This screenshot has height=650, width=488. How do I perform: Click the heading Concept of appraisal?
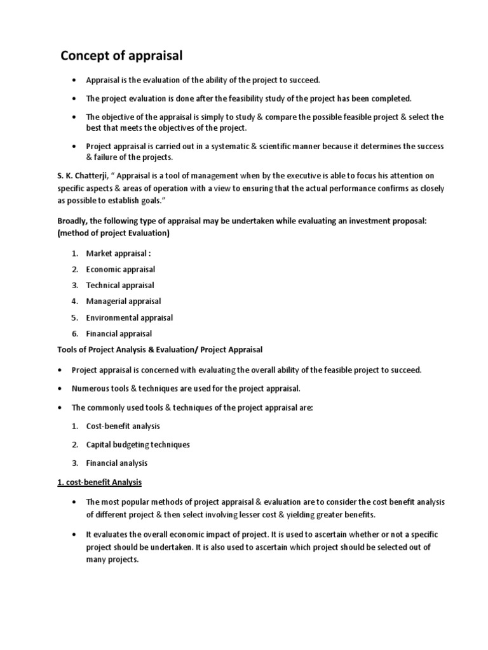tap(121, 56)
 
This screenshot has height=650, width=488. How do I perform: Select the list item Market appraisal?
tap(119, 253)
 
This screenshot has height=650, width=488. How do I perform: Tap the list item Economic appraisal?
tap(121, 269)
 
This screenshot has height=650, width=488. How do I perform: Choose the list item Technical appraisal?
tap(120, 285)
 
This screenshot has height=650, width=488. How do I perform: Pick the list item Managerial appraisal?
tap(123, 301)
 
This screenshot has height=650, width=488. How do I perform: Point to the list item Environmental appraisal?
tap(129, 317)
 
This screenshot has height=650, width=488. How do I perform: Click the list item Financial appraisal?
tap(119, 333)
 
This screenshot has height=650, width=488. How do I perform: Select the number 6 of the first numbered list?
tap(74, 333)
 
